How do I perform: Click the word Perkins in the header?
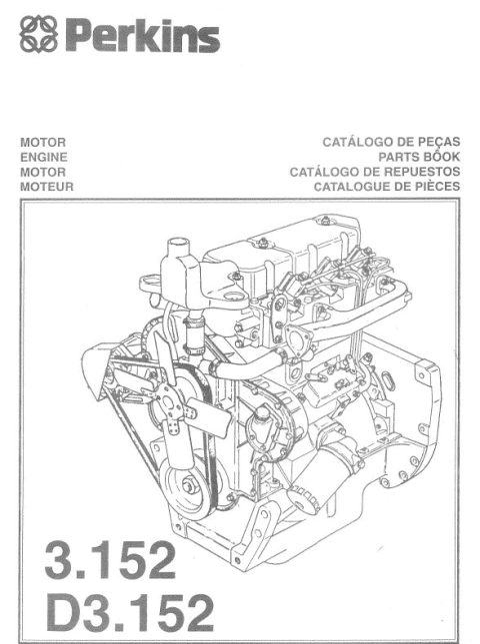143,39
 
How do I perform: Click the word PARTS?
401,157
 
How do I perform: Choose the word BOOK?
444,157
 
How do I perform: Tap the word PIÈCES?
438,185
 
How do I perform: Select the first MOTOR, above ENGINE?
42,143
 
